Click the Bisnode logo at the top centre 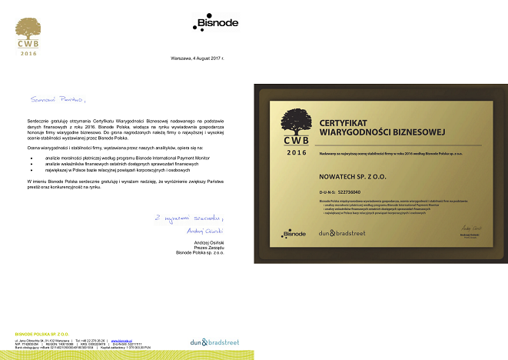214,26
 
